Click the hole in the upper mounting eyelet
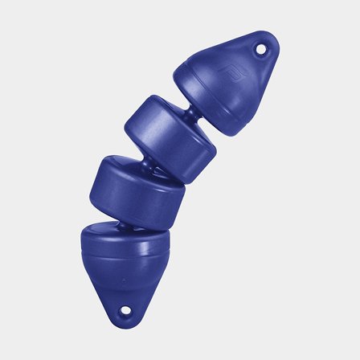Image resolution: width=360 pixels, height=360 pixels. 261,49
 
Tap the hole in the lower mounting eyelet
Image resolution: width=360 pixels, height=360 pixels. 125,311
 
